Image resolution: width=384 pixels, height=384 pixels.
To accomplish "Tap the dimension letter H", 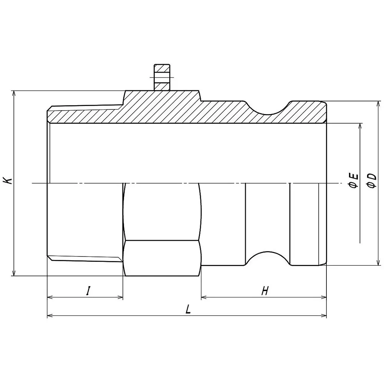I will click(x=264, y=291).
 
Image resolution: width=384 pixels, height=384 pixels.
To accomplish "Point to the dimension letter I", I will click(x=88, y=291).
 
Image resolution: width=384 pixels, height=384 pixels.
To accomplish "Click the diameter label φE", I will click(x=354, y=180).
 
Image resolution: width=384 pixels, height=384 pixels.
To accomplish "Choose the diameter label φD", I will click(x=371, y=180).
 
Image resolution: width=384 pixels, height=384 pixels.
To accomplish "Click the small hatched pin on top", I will click(x=161, y=77).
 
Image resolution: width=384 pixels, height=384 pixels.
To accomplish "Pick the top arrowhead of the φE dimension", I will click(x=360, y=126).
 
